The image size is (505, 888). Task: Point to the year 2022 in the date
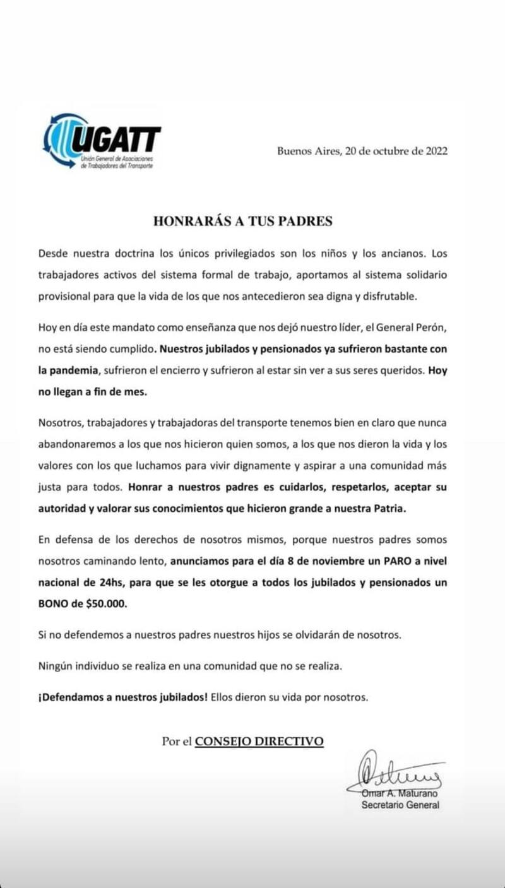[437, 151]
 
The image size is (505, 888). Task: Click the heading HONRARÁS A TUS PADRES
[243, 221]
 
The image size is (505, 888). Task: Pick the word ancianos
[400, 254]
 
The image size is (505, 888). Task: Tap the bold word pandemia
[74, 370]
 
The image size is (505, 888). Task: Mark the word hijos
[252, 636]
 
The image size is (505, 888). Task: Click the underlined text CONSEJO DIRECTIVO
[259, 742]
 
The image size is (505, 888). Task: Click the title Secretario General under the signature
[400, 805]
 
